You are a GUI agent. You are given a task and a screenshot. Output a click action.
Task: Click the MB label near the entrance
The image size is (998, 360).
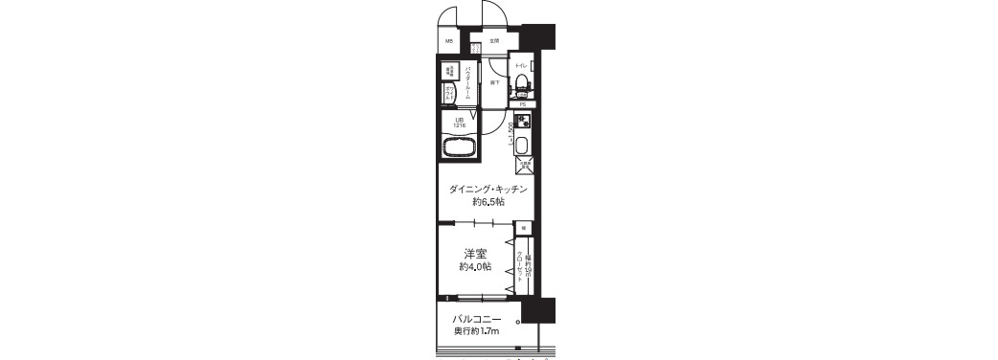(x=449, y=42)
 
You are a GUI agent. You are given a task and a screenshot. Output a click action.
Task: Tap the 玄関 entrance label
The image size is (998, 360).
(x=494, y=42)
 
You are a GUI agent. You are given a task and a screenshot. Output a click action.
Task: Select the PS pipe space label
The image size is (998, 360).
(x=523, y=103)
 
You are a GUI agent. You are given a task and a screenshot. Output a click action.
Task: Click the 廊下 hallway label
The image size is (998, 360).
(x=494, y=82)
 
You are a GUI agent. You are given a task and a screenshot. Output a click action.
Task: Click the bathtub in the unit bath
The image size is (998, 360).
(x=461, y=149)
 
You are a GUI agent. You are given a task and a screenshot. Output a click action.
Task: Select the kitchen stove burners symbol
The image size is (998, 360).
(x=522, y=123)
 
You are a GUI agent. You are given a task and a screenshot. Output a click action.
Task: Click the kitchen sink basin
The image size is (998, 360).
(x=522, y=146)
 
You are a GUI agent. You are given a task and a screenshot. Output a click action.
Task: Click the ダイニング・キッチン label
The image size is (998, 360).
(x=488, y=190)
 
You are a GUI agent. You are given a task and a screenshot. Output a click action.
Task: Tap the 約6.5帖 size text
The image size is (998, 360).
(x=488, y=203)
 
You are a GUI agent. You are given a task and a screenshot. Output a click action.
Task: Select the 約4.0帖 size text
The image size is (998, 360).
(x=476, y=267)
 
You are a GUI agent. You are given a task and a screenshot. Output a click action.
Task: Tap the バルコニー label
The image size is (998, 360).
(x=477, y=319)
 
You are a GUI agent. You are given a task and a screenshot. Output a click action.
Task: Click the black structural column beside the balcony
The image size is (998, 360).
(x=539, y=311)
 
